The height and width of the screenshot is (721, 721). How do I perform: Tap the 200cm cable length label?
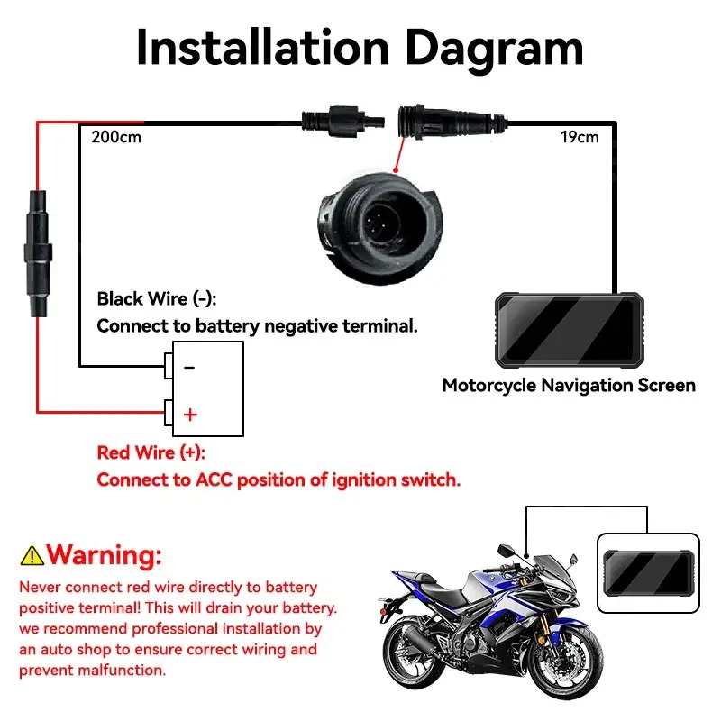116,137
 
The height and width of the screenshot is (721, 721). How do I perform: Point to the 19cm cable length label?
580,137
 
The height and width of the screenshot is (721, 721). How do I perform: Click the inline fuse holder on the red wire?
38,253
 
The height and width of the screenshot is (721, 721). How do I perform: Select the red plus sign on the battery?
190,415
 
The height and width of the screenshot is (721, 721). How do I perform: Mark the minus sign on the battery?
189,367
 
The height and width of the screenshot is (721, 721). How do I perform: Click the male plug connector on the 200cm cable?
343,122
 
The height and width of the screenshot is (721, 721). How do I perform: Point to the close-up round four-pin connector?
379,228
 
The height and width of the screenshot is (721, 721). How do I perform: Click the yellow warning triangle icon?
32,555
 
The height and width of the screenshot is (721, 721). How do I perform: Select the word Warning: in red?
105,554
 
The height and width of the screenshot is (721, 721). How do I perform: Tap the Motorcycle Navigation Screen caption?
569,386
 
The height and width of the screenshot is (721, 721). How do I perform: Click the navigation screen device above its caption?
570,330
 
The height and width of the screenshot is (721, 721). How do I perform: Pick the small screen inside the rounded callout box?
649,573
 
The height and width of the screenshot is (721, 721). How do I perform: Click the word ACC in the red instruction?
214,480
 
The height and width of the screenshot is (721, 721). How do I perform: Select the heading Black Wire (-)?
156,299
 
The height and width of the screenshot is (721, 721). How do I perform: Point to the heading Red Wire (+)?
151,453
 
